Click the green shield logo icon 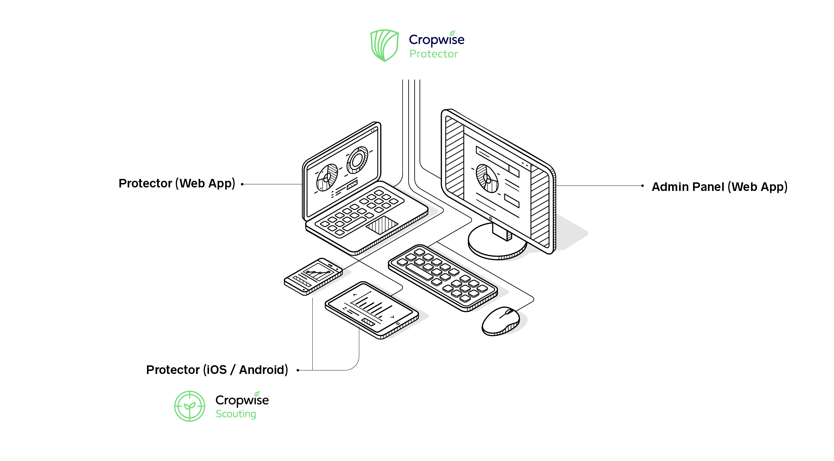click(x=384, y=45)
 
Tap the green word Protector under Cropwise click(x=434, y=54)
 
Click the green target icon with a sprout click(x=190, y=406)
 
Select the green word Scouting click(x=236, y=414)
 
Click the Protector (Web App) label click(x=177, y=184)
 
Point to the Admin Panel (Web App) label click(x=719, y=187)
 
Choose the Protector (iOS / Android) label click(x=217, y=370)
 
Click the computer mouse click(x=500, y=321)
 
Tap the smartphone click(x=313, y=276)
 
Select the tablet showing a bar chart click(x=371, y=310)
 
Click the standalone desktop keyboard click(x=442, y=277)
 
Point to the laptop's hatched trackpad click(x=382, y=225)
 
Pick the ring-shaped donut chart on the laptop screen click(x=357, y=160)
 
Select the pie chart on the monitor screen click(x=487, y=178)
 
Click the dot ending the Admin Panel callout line click(x=642, y=186)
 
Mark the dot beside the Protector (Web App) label click(x=242, y=184)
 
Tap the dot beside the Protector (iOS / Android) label click(x=298, y=370)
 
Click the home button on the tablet click(x=398, y=324)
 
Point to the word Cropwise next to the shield click(x=436, y=40)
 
